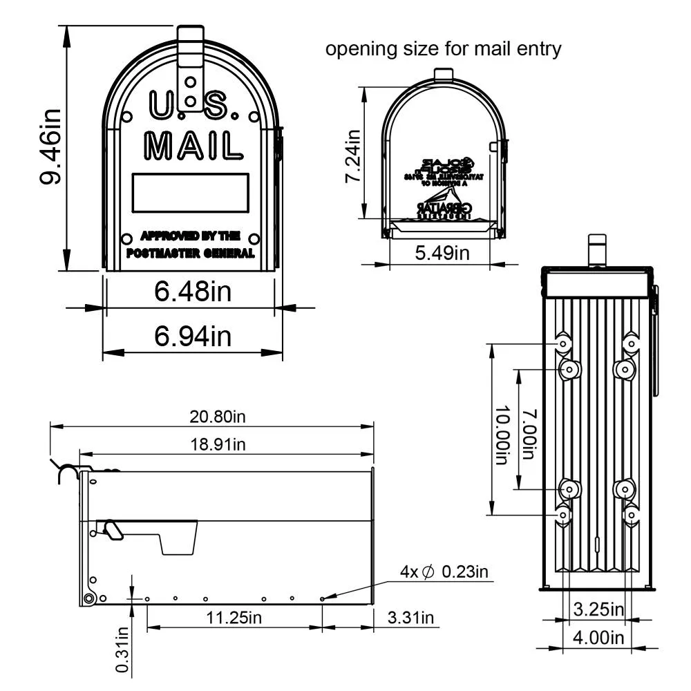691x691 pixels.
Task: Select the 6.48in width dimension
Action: pos(192,292)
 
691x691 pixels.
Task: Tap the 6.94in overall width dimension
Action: pos(192,337)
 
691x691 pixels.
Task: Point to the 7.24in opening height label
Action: pos(353,158)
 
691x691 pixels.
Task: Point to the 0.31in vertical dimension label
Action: pos(122,649)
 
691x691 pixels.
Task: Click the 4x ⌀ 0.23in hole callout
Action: pos(444,571)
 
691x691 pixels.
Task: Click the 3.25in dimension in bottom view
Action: pos(598,609)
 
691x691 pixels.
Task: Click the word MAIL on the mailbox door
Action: pos(193,146)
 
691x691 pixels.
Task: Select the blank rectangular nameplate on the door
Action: pos(191,192)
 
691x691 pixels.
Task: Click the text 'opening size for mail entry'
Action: pos(443,50)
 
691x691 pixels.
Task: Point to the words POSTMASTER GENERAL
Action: pos(191,254)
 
